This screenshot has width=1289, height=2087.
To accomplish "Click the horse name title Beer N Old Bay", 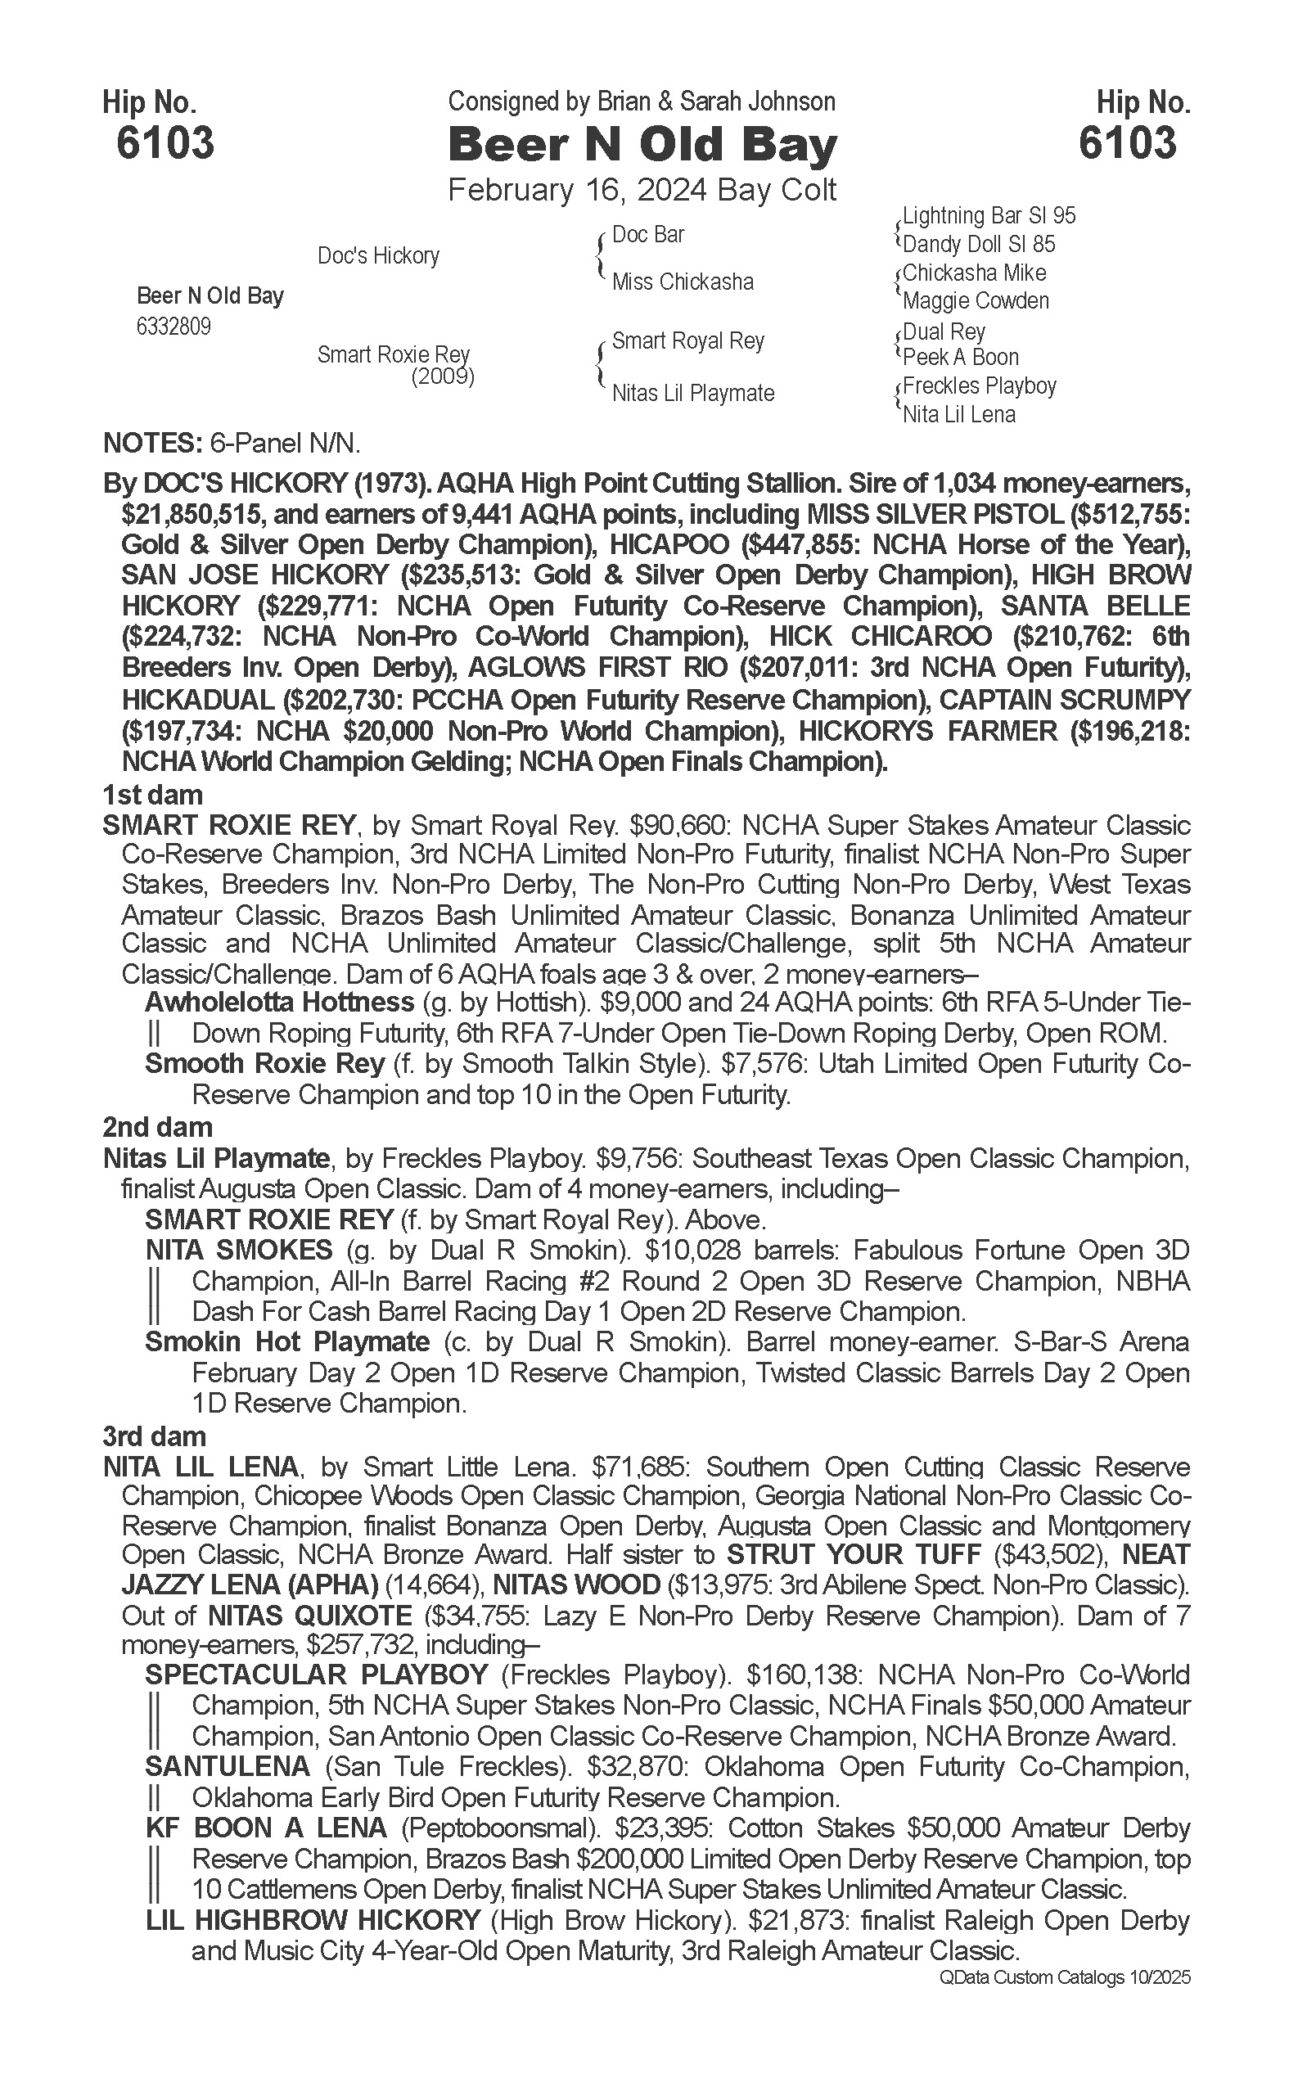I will [x=642, y=145].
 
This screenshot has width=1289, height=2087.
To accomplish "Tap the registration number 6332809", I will [x=174, y=327].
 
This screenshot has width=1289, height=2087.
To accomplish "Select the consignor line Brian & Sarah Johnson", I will [x=641, y=102].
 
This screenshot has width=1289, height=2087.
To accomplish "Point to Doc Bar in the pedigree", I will [x=648, y=234].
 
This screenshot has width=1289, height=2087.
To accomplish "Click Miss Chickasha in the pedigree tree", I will [x=682, y=282].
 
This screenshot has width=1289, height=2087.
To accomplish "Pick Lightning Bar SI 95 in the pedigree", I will [x=989, y=216].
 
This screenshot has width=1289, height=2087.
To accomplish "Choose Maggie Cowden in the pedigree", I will [x=976, y=301].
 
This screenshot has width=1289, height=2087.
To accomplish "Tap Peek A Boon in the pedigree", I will [x=961, y=357].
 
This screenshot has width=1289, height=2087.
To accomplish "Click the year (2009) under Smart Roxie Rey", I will [x=443, y=376].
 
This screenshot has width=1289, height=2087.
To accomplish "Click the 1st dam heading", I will [x=152, y=796].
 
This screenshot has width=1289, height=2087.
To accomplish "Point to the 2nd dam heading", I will [x=157, y=1127].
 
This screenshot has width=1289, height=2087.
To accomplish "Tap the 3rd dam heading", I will [x=155, y=1436].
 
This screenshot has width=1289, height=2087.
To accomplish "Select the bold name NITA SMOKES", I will [x=239, y=1250].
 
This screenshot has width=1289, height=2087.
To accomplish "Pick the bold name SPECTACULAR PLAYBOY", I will [x=316, y=1675].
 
